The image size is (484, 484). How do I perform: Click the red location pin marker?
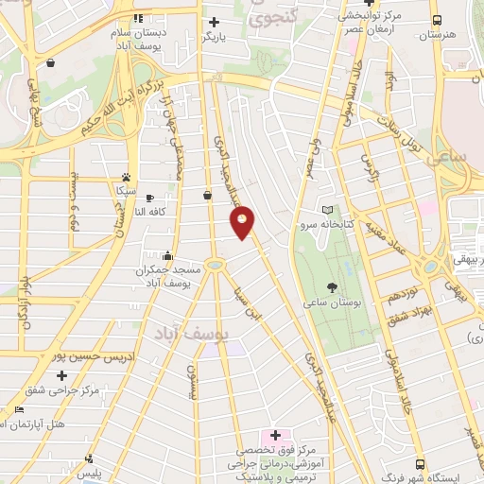pyautogui.click(x=243, y=222)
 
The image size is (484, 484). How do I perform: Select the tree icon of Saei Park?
pyautogui.click(x=332, y=286)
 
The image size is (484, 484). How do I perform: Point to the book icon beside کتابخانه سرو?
pyautogui.click(x=327, y=209)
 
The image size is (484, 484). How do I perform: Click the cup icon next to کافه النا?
pyautogui.click(x=151, y=198)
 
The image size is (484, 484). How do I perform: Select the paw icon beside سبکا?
pyautogui.click(x=126, y=177)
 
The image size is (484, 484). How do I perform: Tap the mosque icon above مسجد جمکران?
pyautogui.click(x=168, y=254)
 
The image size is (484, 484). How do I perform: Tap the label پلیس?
pyautogui.click(x=90, y=471)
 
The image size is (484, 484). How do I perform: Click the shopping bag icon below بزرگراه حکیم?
pyautogui.click(x=207, y=196)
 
